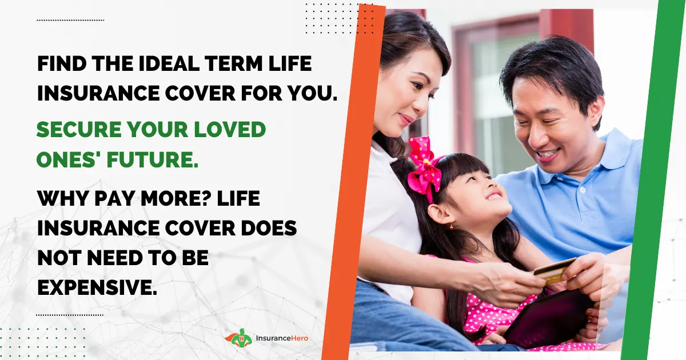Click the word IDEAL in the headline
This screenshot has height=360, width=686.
coord(169,63)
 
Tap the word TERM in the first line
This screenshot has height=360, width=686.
coord(234,63)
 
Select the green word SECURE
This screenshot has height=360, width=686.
coord(79,130)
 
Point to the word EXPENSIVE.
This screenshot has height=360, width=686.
coord(97,287)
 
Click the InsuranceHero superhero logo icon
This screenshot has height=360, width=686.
coord(240,338)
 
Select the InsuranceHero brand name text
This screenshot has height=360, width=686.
coord(282,338)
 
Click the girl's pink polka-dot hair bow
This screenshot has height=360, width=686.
coord(425,167)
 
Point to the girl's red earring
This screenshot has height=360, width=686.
coord(451,227)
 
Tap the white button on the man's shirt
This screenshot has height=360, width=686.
coord(583,190)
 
